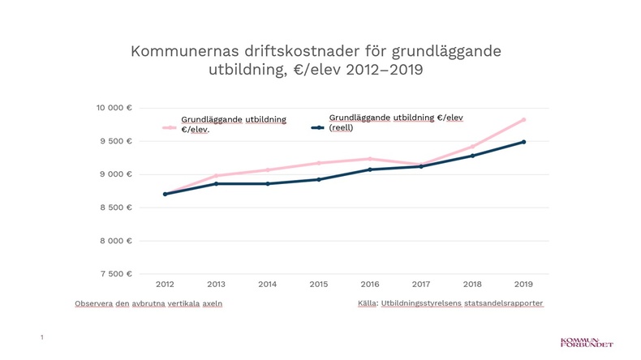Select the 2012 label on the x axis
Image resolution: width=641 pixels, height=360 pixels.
[165, 284]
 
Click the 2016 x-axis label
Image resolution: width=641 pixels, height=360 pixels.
[369, 284]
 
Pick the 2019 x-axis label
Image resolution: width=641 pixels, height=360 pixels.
[523, 284]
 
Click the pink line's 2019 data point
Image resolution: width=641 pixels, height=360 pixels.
[523, 119]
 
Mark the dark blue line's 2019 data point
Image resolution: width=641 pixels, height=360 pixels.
[523, 142]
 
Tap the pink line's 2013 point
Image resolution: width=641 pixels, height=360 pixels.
[216, 176]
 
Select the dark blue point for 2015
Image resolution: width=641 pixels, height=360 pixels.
[318, 179]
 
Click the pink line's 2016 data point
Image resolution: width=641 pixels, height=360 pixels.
[369, 159]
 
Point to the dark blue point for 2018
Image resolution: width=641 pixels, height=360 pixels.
[472, 156]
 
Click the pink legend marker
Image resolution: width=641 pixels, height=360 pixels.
[170, 127]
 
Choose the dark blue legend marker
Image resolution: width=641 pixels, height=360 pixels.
[319, 127]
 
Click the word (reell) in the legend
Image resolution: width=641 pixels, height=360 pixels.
[341, 127]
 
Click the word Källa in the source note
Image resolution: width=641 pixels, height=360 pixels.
[367, 303]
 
